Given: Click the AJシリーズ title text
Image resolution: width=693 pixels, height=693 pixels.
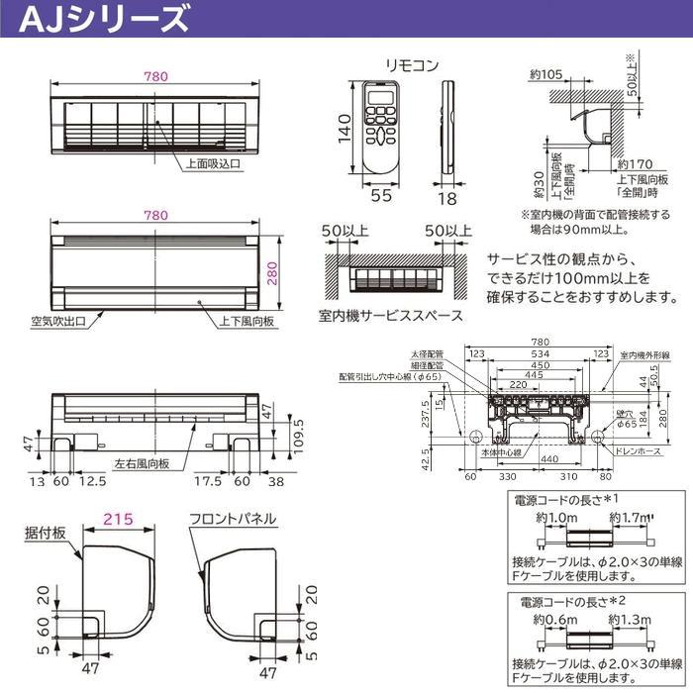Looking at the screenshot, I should (x=99, y=18).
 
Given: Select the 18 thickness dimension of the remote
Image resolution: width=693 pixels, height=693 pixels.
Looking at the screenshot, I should (x=448, y=198).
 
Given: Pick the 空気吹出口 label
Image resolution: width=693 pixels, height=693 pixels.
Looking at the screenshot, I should (x=59, y=321).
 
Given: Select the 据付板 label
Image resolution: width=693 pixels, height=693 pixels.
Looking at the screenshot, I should (x=46, y=533).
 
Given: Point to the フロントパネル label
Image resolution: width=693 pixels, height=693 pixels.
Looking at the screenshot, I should (x=234, y=519).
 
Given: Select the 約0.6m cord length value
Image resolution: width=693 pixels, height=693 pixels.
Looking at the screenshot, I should (x=551, y=620).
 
